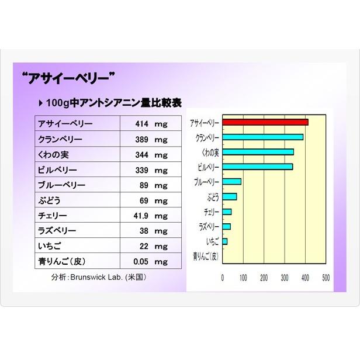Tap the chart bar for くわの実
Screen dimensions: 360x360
pos(258,152)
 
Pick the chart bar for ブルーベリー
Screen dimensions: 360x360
pos(231,182)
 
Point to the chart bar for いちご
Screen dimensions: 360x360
pos(225,241)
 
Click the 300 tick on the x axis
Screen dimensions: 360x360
pos(285,278)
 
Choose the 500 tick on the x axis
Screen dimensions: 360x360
pos(326,278)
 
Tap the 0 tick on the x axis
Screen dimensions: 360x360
pos(223,278)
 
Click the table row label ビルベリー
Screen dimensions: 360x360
pos(57,170)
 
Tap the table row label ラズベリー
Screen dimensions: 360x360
pos(57,231)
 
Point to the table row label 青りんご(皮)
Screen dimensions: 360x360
pos(62,261)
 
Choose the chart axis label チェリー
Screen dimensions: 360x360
pos(211,212)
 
